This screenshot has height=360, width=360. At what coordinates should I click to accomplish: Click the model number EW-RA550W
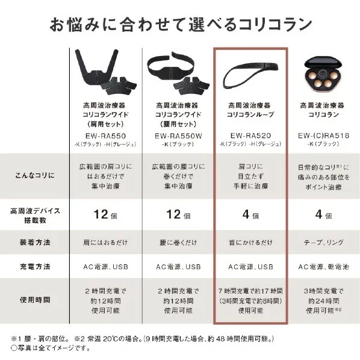click(x=178, y=136)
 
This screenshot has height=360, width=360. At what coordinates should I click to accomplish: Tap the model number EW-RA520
click(x=250, y=135)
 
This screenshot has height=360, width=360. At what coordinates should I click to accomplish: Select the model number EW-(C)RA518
click(x=323, y=135)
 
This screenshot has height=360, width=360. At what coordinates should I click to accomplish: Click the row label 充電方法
click(x=35, y=267)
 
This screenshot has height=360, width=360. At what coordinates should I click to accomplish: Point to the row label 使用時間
click(x=35, y=300)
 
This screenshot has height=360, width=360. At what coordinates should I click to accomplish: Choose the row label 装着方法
click(x=35, y=242)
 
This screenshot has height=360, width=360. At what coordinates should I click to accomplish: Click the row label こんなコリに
click(x=35, y=175)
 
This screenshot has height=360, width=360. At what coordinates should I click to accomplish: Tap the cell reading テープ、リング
click(x=323, y=243)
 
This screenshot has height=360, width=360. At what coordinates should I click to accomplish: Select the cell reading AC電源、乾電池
click(x=323, y=267)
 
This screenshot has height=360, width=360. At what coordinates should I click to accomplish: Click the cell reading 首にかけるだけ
click(x=250, y=243)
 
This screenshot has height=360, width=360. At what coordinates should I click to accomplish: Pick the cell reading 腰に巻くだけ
click(x=178, y=243)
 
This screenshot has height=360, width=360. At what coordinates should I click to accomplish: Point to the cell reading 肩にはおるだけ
click(x=105, y=243)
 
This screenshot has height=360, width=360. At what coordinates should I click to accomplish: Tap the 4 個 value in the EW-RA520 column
click(x=250, y=214)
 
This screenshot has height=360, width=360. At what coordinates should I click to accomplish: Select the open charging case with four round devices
click(x=323, y=74)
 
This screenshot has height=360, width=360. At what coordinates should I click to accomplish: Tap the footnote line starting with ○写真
click(x=51, y=348)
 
